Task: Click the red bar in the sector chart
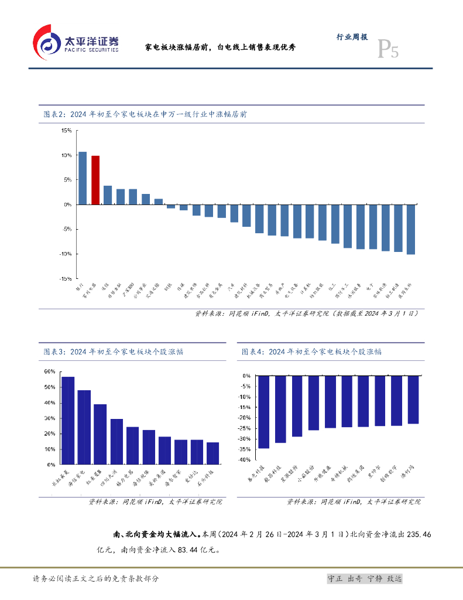[95, 180]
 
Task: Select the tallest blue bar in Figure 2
[83, 178]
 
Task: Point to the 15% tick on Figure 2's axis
[67, 131]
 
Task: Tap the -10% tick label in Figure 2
[65, 254]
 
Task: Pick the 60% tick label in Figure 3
[50, 371]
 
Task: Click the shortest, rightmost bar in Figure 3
[212, 453]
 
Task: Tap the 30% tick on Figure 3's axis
[50, 418]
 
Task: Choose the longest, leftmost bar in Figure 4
[264, 411]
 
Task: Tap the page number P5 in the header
[387, 50]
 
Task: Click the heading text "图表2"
[53, 114]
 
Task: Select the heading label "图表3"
[53, 352]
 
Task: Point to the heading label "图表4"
[252, 352]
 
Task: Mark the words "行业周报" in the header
[352, 36]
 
